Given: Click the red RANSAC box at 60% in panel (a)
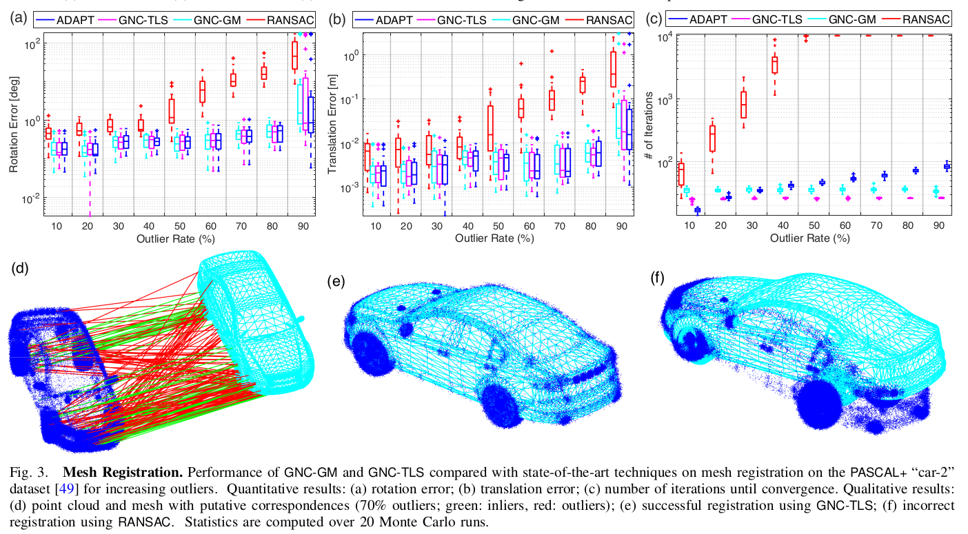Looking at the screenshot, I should tap(202, 91).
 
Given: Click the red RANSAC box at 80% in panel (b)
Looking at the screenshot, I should tap(582, 84).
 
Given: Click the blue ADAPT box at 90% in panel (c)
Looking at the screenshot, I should tap(947, 166).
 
